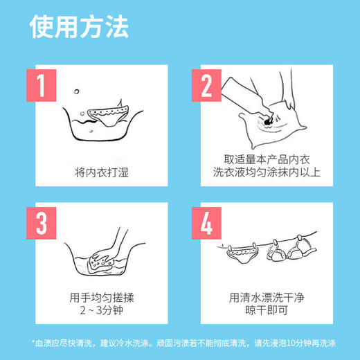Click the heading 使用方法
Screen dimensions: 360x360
tap(79, 28)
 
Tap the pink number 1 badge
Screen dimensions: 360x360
tap(42, 86)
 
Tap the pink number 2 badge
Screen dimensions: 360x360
tap(206, 86)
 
